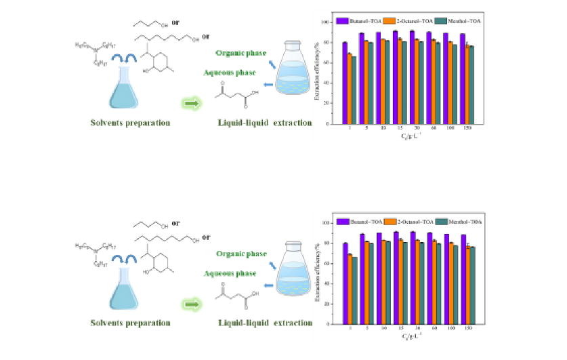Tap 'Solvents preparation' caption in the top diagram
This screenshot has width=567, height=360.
point(130,123)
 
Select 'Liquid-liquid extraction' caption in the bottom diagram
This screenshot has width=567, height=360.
point(265,323)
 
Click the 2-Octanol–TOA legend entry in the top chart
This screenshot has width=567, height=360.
point(409,21)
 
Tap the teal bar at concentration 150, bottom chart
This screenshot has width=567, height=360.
point(471,284)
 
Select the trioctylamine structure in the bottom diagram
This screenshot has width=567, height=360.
point(102,252)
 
